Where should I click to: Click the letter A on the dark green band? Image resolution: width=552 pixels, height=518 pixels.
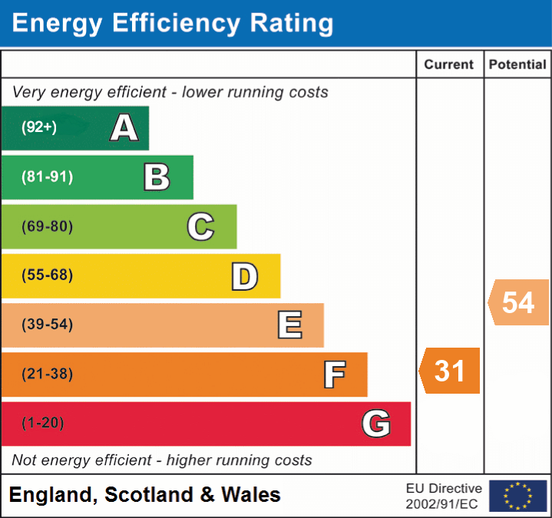click(x=124, y=127)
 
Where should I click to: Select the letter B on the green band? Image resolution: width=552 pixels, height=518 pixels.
click(x=157, y=177)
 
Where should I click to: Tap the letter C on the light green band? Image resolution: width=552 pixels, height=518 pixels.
click(x=200, y=226)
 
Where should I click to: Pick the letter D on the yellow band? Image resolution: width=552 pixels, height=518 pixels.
click(x=244, y=276)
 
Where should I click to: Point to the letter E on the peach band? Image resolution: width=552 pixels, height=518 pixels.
click(x=289, y=325)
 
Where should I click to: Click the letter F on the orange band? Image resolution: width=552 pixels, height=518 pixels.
click(x=333, y=374)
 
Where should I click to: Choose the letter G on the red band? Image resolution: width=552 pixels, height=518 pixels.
click(x=376, y=424)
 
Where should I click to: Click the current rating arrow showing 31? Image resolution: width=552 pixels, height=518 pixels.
click(x=450, y=371)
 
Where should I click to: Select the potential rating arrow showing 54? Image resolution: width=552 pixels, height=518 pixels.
click(x=518, y=302)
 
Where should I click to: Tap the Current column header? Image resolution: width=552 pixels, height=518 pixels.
click(x=450, y=65)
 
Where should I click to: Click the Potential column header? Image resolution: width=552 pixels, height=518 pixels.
click(x=517, y=65)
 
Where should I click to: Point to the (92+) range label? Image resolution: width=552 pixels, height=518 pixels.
click(x=39, y=127)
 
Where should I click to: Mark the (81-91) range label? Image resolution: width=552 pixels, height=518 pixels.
click(x=47, y=177)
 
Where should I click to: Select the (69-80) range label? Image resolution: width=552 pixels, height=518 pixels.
click(x=47, y=226)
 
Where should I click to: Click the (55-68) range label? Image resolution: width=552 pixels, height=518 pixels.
click(x=47, y=275)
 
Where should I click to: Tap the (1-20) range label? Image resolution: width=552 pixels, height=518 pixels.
click(x=43, y=424)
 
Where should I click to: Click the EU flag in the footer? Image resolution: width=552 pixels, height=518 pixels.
click(x=518, y=496)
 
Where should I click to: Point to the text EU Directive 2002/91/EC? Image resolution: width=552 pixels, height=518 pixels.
click(x=444, y=496)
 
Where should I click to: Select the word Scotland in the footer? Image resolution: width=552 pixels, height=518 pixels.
click(x=149, y=495)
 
